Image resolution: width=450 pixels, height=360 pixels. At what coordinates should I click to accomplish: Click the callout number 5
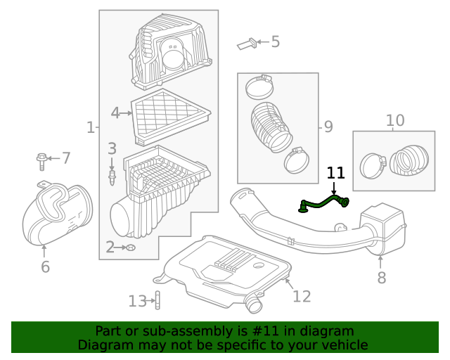point(276,42)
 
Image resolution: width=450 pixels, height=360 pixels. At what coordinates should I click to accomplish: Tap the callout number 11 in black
point(335,173)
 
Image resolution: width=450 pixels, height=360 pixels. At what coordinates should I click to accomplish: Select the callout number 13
point(137,302)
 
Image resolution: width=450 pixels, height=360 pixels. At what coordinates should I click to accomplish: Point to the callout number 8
point(381,278)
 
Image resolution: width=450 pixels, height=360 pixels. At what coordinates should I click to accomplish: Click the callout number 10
point(395,120)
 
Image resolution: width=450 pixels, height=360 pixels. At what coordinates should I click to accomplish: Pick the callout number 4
point(116,112)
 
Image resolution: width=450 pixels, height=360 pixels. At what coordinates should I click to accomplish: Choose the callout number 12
point(301,296)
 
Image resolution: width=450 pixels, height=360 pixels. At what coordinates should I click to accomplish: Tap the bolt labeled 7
point(42,161)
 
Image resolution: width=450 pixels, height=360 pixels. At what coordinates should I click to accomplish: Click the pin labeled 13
point(157,301)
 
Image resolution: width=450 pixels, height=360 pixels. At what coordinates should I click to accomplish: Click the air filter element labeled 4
point(171,115)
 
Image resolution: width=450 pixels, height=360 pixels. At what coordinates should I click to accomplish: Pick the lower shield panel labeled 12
point(225,271)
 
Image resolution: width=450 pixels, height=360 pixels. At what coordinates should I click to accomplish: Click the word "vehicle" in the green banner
point(341,345)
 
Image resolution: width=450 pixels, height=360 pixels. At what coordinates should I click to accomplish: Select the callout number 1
point(90,127)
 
